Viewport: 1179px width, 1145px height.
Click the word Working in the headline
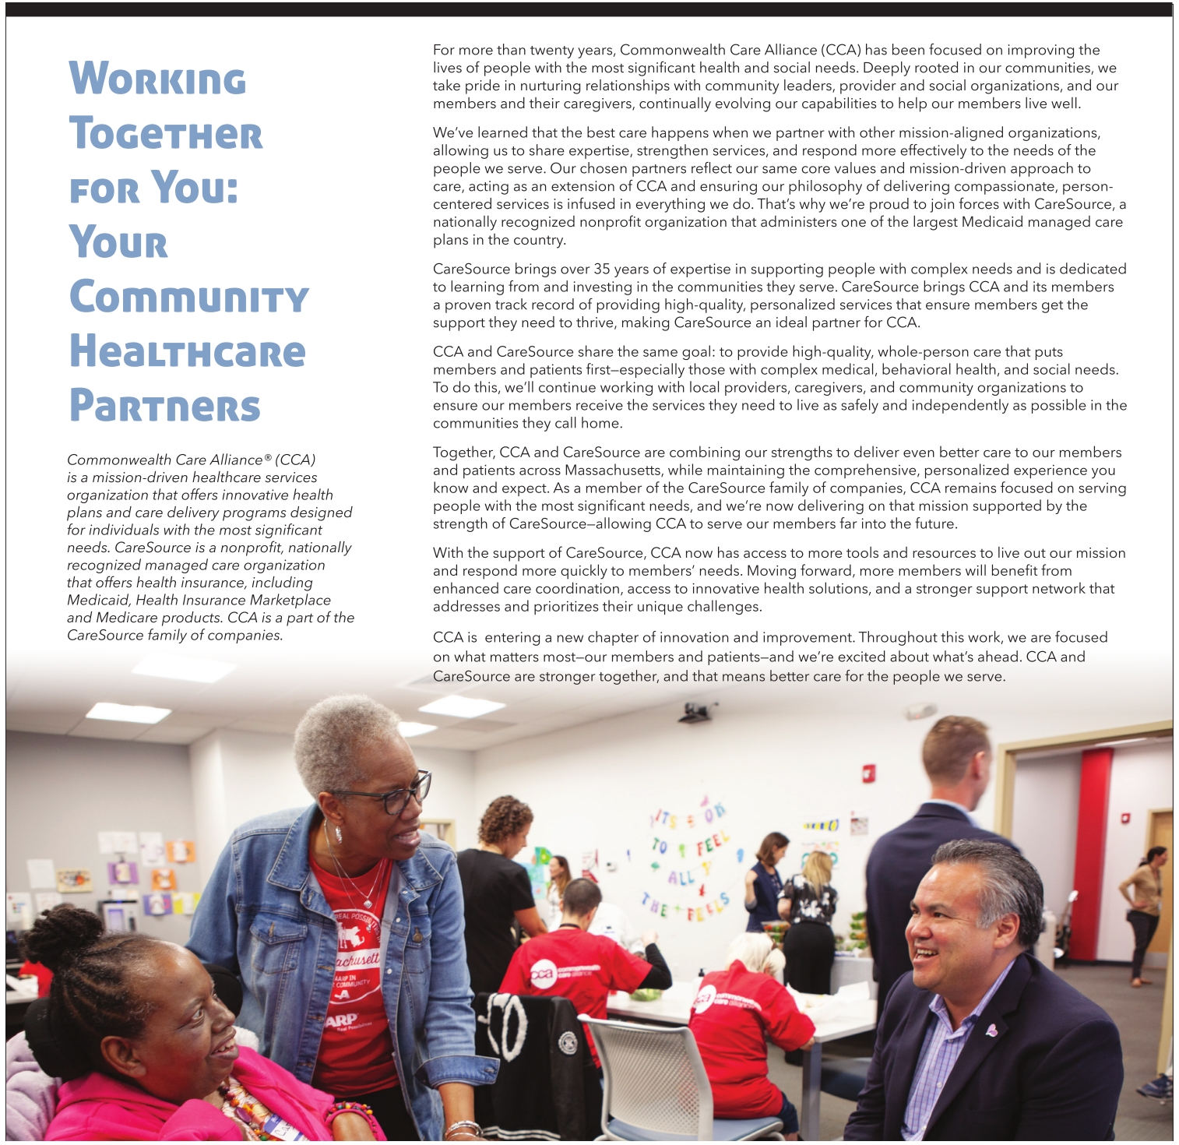tap(157, 79)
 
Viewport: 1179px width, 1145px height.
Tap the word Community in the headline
tap(189, 298)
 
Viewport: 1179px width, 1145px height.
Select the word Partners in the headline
tap(165, 407)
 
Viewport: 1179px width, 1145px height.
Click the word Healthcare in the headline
tap(188, 352)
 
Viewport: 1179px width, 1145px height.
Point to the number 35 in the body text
tap(602, 270)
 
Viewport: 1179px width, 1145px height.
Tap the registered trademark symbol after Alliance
tap(268, 458)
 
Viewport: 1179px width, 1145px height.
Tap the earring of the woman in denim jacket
tap(339, 833)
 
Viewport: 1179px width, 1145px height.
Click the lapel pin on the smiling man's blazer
tap(991, 1030)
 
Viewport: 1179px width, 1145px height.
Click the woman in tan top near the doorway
tap(1143, 911)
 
